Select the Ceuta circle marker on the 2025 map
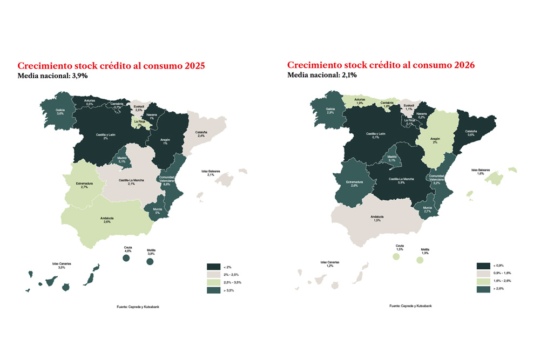(126, 259)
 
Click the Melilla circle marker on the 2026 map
(420, 260)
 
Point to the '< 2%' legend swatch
(213, 266)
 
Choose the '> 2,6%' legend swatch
(483, 289)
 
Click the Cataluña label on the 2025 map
(200, 134)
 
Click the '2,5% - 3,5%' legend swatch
(213, 282)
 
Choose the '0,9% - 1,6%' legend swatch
(483, 274)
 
